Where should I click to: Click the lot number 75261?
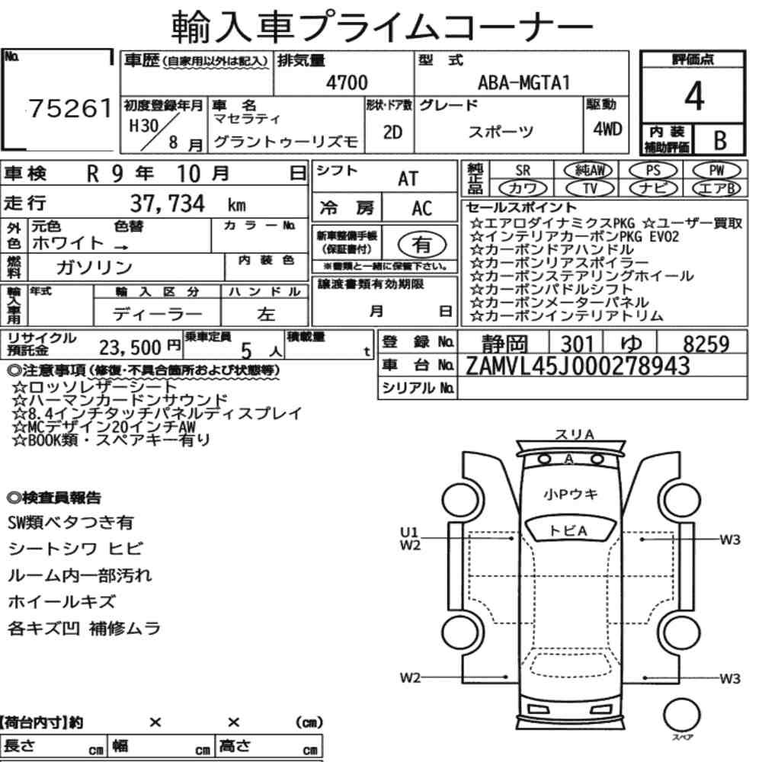click(70, 108)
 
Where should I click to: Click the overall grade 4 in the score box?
click(694, 96)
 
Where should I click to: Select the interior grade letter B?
click(720, 140)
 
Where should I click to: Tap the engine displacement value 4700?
click(347, 82)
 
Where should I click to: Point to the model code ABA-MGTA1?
click(523, 82)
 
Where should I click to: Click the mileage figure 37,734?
click(168, 203)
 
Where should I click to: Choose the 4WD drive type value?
click(607, 130)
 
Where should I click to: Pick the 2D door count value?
click(392, 132)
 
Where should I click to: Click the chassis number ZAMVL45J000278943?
click(578, 366)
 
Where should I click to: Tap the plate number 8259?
click(706, 344)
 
